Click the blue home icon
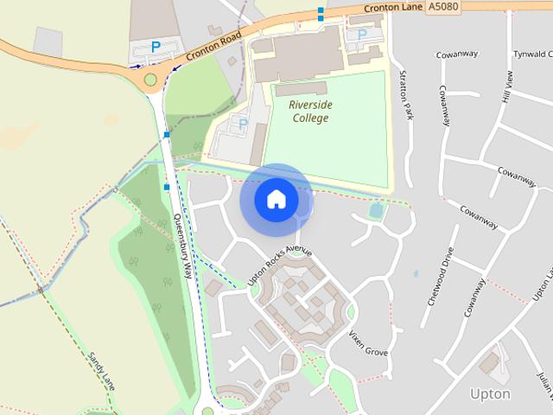tap(276, 200)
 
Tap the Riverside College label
tap(309, 112)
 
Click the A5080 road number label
tap(442, 7)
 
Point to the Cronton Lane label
tap(392, 8)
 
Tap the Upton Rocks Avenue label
tap(278, 265)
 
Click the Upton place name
tap(490, 394)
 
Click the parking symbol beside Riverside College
tap(243, 124)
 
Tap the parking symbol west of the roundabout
tap(156, 47)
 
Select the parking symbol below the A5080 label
tap(362, 35)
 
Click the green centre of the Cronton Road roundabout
tap(151, 80)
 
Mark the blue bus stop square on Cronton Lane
tap(321, 13)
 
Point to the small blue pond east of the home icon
tap(376, 210)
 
